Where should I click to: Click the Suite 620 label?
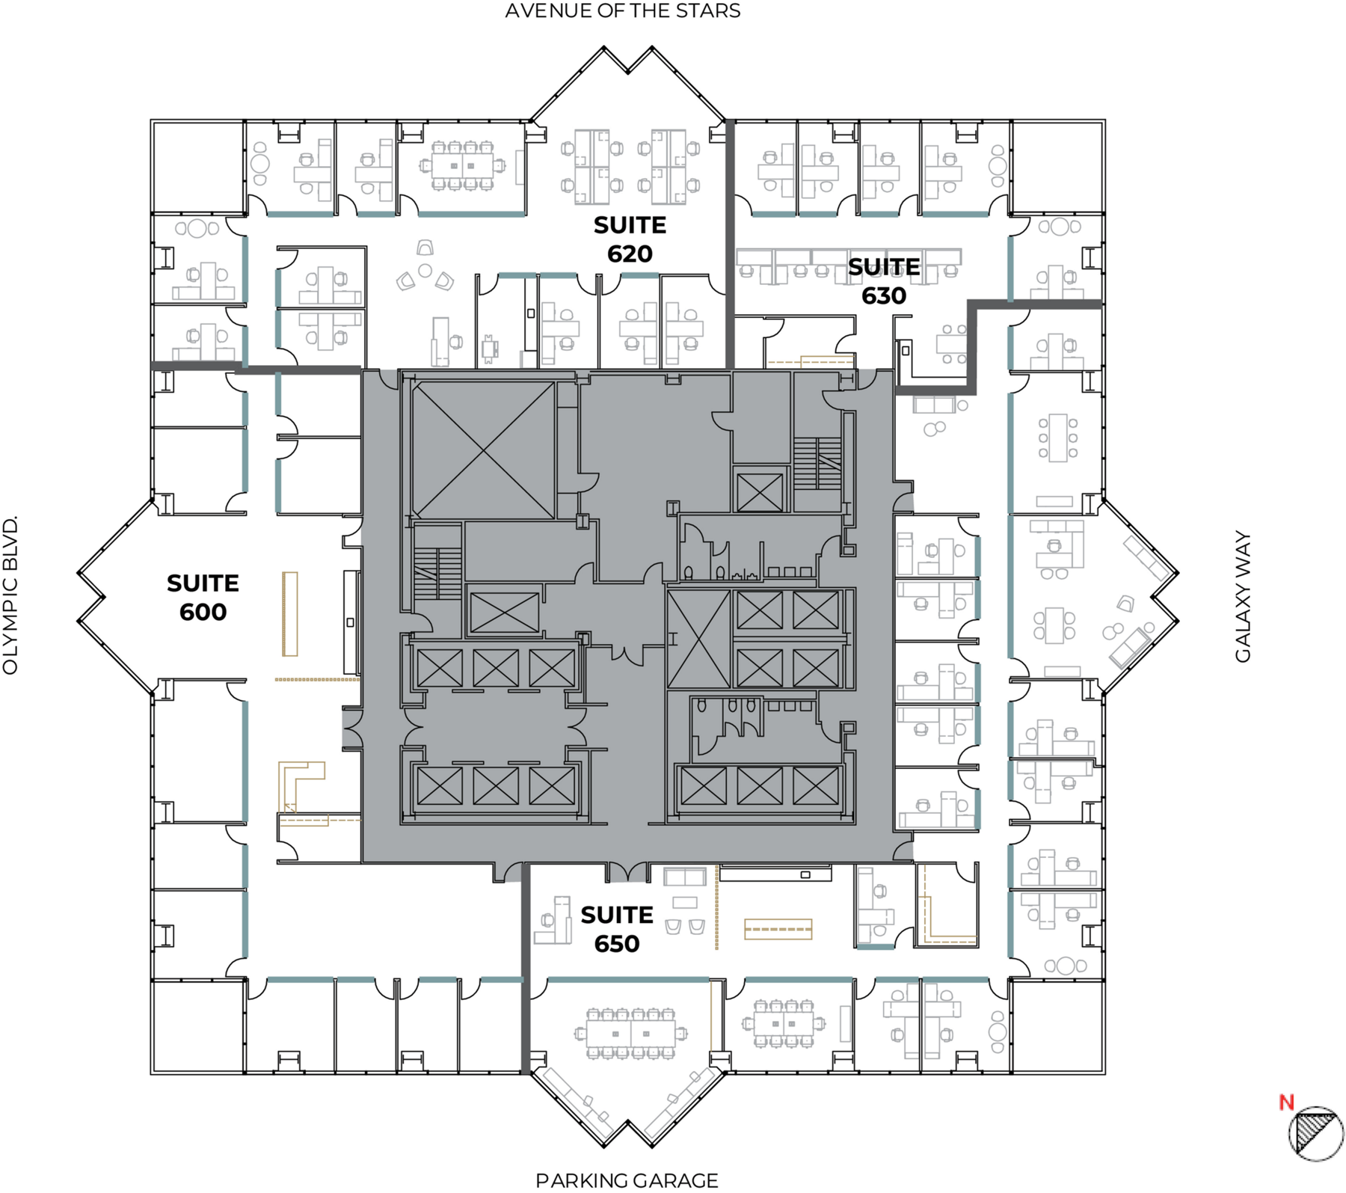click(x=630, y=239)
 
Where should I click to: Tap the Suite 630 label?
click(x=884, y=281)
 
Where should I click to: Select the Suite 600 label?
click(x=203, y=598)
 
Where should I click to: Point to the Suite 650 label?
click(x=617, y=929)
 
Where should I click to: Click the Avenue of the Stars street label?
click(x=623, y=11)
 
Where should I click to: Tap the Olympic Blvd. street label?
click(x=10, y=595)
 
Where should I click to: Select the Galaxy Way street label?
click(x=1243, y=597)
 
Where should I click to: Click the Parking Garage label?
click(x=627, y=1180)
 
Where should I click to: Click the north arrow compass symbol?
click(x=1316, y=1134)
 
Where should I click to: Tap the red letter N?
click(x=1286, y=1102)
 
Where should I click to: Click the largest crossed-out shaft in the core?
click(x=484, y=450)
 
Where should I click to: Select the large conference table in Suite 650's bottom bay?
click(x=631, y=1034)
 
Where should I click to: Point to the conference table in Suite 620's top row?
click(x=462, y=165)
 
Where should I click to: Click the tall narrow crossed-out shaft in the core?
click(x=698, y=639)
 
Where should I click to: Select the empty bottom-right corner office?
click(x=1057, y=1026)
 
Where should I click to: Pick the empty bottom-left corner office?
click(x=198, y=1026)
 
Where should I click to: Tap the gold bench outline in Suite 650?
click(x=778, y=929)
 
